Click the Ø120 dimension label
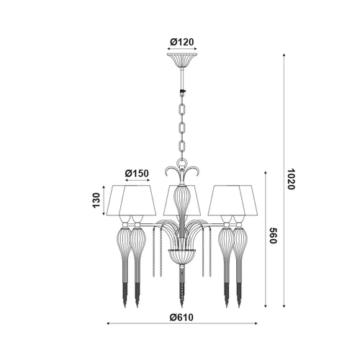[181, 42]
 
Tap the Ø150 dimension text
[137, 173]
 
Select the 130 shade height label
[96, 200]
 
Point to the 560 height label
[274, 235]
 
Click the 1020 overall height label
[291, 179]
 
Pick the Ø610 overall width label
[181, 318]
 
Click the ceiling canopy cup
[182, 60]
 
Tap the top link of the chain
[182, 109]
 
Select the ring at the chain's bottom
[182, 163]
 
